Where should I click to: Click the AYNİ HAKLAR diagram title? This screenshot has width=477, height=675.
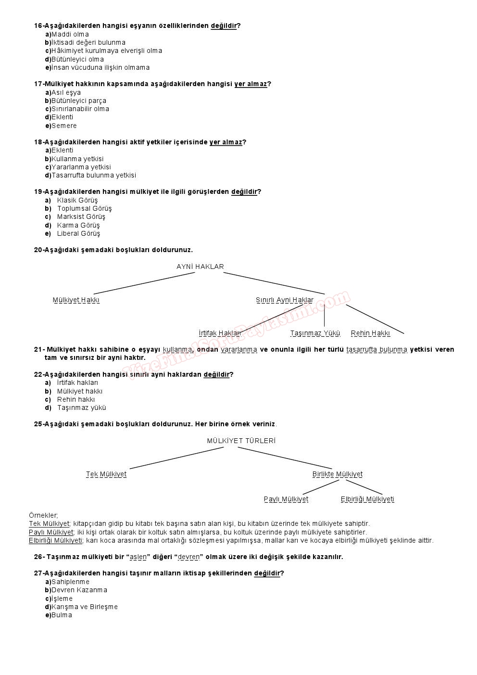[200, 267]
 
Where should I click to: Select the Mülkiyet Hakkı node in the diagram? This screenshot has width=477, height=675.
[76, 300]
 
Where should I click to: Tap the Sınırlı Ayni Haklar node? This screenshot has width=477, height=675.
[284, 300]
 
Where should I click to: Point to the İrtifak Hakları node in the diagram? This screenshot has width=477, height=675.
[220, 333]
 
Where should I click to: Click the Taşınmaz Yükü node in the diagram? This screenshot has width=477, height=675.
[315, 333]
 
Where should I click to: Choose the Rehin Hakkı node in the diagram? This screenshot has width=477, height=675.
[370, 333]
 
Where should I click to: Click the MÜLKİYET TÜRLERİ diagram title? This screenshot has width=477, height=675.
[241, 441]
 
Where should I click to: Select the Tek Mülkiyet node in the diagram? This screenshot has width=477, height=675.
[106, 474]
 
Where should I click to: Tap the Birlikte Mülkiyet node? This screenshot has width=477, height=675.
[337, 474]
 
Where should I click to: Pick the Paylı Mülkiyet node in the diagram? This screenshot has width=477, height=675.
[286, 499]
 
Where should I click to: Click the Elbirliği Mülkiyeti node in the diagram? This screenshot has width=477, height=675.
[367, 499]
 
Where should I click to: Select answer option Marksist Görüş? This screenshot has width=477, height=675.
[81, 217]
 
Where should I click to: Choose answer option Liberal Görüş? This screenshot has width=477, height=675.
[78, 234]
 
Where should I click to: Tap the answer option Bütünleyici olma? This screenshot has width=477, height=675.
[77, 60]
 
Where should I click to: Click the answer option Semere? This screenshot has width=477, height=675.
[64, 126]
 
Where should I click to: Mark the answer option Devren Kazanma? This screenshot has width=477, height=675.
[79, 590]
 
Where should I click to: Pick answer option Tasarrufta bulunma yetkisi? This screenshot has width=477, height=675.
[94, 176]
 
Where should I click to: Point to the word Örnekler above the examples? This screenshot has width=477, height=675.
[43, 515]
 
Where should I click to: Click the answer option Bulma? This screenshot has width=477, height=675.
[62, 615]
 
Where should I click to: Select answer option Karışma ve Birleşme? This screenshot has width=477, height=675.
[85, 607]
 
